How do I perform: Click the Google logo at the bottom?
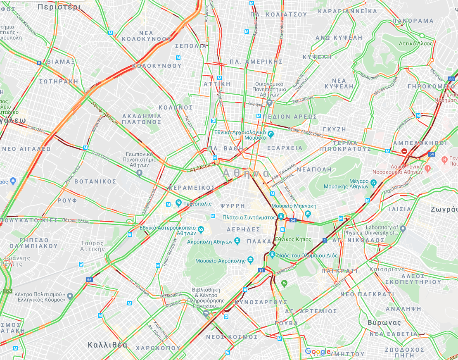[x=318, y=352]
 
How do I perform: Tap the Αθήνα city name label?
[x=246, y=173]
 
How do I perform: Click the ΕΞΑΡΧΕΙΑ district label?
[x=285, y=148]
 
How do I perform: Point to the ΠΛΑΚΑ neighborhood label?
[x=259, y=241]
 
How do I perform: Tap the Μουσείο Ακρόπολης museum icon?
[x=250, y=260]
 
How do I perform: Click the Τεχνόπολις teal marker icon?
[x=178, y=203]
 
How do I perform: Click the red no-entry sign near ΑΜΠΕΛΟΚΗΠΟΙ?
[x=404, y=152]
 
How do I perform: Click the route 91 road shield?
[x=261, y=270]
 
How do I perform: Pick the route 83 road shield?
[x=451, y=79]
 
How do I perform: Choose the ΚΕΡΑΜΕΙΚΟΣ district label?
[x=192, y=188]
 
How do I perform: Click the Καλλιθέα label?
[x=107, y=345]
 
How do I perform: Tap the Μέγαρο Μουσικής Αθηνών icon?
[x=373, y=182]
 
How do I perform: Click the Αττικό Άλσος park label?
[x=415, y=43]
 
